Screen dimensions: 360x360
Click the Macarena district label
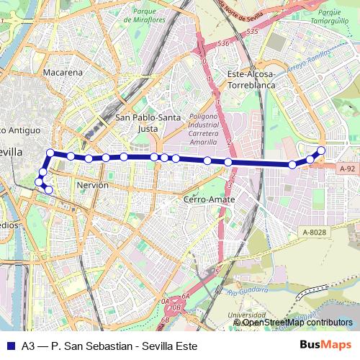point(63,73)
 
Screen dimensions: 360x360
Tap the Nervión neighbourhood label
point(91,185)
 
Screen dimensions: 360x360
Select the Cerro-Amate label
point(206,199)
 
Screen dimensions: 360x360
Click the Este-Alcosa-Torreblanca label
point(251,79)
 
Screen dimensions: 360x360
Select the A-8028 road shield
point(315,231)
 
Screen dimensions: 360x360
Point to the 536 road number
point(223,44)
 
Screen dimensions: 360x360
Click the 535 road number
point(251,32)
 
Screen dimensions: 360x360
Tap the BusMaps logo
point(325,345)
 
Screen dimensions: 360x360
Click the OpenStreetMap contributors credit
point(297,323)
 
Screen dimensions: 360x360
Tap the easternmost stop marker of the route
point(321,150)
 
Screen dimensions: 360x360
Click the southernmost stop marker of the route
point(49,190)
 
